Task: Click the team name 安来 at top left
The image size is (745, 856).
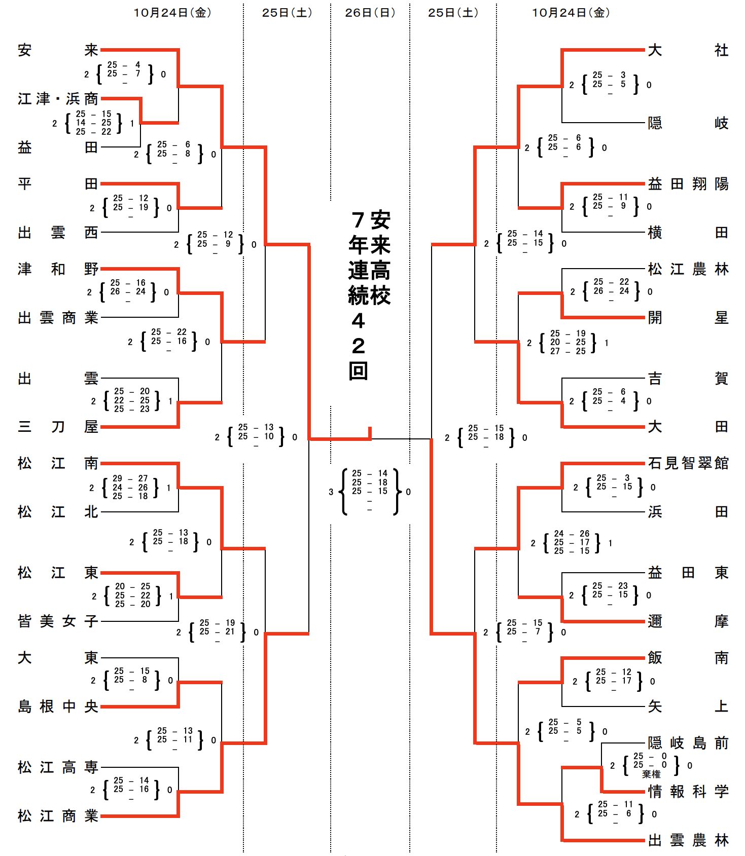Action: (57, 50)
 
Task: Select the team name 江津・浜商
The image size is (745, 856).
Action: (57, 99)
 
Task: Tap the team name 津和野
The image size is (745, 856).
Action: (57, 269)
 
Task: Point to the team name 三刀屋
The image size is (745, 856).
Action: (57, 427)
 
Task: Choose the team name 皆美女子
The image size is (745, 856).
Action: (57, 621)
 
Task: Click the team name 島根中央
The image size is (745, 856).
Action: (57, 706)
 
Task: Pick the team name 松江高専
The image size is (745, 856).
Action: (57, 767)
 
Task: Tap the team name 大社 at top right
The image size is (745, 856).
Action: (688, 50)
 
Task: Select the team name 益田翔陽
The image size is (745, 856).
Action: (688, 184)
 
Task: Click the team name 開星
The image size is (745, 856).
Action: (688, 318)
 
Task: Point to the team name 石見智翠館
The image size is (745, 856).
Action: (688, 463)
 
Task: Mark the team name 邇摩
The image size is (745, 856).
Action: (688, 621)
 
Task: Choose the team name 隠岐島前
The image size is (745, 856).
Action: (688, 743)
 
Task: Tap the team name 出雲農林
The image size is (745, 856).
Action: (688, 840)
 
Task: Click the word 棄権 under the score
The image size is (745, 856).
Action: (651, 774)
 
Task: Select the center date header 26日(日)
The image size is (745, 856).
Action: (370, 13)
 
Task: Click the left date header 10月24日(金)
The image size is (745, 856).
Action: (172, 13)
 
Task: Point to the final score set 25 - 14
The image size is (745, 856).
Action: (370, 473)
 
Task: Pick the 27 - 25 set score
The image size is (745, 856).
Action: (568, 351)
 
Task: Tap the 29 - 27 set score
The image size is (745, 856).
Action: (130, 478)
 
